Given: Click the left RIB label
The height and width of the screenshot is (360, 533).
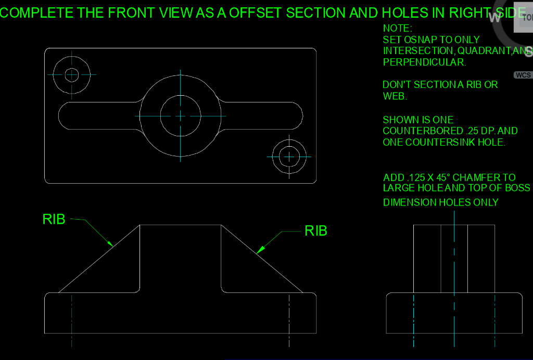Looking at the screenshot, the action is coord(54,220).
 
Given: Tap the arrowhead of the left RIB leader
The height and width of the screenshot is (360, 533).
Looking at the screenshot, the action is coord(110,243).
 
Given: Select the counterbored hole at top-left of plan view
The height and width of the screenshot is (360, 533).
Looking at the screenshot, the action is coord(72,75).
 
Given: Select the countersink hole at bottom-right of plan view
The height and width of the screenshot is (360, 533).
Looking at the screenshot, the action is coord(289,156).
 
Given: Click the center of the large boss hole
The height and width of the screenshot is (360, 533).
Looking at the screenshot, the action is coord(180,115).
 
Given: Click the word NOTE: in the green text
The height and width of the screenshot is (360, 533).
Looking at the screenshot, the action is coord(398,28).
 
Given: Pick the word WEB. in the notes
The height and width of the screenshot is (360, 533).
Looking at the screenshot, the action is coord(395,96).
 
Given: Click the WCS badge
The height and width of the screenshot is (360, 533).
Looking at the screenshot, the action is coord(523,75).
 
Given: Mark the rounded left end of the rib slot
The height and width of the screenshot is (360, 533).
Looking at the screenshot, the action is coord(65,115).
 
